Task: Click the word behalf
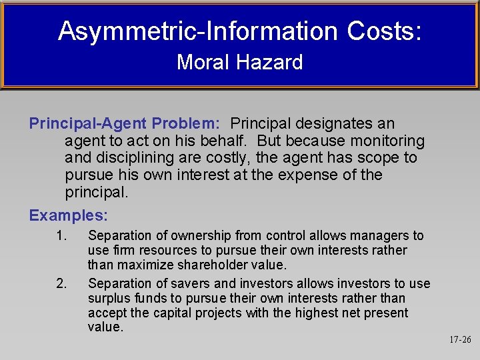225,141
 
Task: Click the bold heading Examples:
69,216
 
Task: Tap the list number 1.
62,235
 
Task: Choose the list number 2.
62,284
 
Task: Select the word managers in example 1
382,235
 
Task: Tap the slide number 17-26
459,340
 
